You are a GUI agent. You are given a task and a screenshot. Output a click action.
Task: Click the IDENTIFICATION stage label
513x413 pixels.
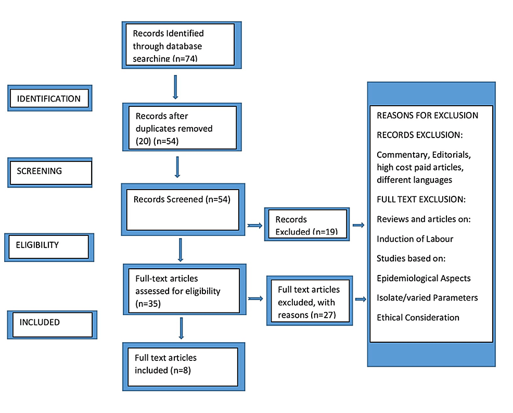[x=49, y=98]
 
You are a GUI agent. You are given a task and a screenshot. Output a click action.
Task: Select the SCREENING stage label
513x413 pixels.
[x=49, y=171]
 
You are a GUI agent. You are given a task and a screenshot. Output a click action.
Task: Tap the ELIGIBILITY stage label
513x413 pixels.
[x=49, y=245]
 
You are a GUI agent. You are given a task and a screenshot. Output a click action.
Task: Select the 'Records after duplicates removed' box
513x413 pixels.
[x=179, y=128]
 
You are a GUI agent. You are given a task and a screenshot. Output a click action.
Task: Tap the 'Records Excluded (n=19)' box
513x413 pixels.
[x=306, y=225]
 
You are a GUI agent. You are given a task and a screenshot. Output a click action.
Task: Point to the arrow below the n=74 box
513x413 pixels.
[x=175, y=86]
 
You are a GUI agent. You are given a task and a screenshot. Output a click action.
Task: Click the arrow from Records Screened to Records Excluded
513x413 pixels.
[x=254, y=226]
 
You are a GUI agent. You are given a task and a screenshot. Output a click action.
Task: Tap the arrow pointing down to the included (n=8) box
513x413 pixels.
[x=181, y=328]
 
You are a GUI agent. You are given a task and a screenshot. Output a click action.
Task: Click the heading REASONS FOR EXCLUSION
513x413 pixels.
[x=427, y=115]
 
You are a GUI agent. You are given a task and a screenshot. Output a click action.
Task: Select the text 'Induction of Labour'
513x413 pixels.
[x=415, y=239]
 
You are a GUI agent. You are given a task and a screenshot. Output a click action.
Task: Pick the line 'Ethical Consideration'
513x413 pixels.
[x=418, y=317]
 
